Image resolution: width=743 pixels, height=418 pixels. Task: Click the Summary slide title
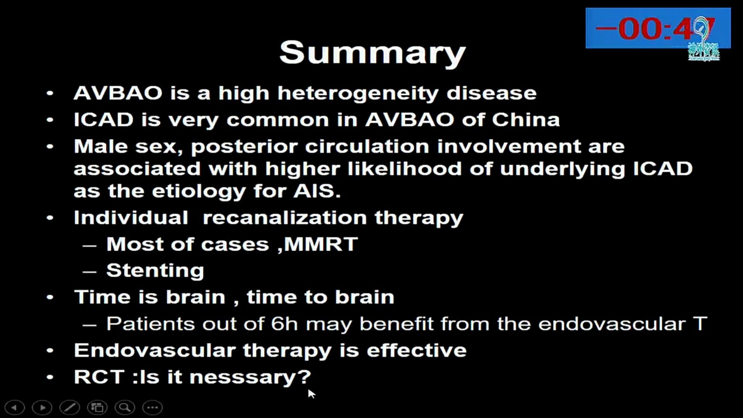[372, 53]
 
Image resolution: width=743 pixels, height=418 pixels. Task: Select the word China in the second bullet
[526, 120]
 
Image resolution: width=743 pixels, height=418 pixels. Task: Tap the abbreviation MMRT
[321, 244]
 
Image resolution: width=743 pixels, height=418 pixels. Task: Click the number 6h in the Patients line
[284, 324]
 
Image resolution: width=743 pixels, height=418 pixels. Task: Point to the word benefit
[396, 324]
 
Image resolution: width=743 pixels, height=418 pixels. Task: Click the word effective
[416, 350]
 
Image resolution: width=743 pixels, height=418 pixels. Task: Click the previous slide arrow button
[15, 408]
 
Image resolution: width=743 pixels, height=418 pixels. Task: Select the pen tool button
[70, 408]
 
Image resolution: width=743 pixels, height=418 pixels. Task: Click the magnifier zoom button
[125, 408]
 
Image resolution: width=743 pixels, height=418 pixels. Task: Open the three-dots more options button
[152, 408]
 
